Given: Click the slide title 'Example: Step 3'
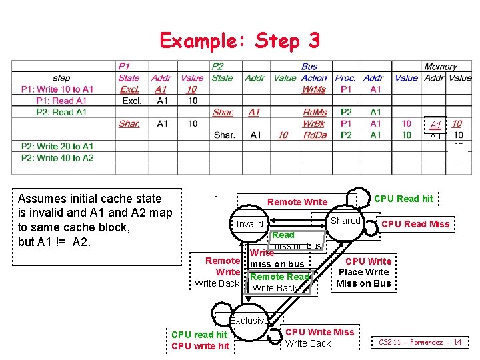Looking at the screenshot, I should pyautogui.click(x=239, y=41).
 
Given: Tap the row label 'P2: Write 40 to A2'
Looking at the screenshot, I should pyautogui.click(x=57, y=158).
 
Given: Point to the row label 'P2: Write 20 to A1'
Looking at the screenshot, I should pyautogui.click(x=57, y=147).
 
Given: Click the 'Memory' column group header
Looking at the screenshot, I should pyautogui.click(x=441, y=67).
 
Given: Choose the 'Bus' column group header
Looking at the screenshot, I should pyautogui.click(x=309, y=67).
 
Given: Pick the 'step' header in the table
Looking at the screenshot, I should pyautogui.click(x=61, y=78).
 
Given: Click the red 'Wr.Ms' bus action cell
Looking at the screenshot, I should pyautogui.click(x=314, y=89).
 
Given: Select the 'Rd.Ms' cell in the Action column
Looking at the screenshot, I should pyautogui.click(x=315, y=112).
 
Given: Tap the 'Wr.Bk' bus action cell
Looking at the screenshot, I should pyautogui.click(x=314, y=123).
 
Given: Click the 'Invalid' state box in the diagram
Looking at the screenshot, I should pyautogui.click(x=250, y=224).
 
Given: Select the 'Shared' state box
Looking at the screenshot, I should pyautogui.click(x=345, y=221).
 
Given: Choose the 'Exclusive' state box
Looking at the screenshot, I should pyautogui.click(x=250, y=321).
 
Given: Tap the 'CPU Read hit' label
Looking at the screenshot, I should pyautogui.click(x=403, y=198).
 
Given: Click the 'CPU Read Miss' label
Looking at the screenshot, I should pyautogui.click(x=415, y=224).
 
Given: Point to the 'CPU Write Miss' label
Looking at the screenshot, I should pyautogui.click(x=320, y=331).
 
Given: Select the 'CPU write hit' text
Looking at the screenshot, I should pyautogui.click(x=200, y=345).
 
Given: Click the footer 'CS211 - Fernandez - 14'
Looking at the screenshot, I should pyautogui.click(x=420, y=342).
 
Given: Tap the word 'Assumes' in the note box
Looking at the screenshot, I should pyautogui.click(x=40, y=198).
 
